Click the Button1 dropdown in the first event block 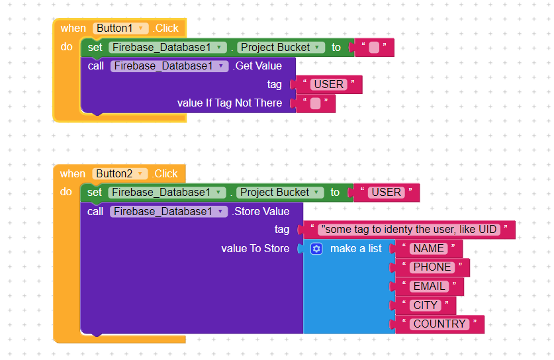[x=120, y=28]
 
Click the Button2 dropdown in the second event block [x=120, y=174]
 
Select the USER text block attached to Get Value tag [x=328, y=85]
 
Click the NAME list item [x=429, y=249]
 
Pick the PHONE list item [x=432, y=267]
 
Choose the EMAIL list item [x=430, y=287]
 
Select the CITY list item [x=426, y=305]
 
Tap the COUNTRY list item [x=439, y=324]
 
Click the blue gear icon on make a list [x=316, y=249]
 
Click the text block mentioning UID [x=409, y=230]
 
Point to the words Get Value [x=258, y=66]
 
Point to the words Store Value [x=262, y=212]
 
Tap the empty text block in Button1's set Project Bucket [x=373, y=48]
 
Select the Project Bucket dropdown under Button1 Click [x=281, y=48]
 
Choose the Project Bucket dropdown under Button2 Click [x=280, y=193]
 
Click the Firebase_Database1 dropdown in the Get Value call [x=169, y=66]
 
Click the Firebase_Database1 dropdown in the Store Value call [x=169, y=212]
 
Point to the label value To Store [x=255, y=249]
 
